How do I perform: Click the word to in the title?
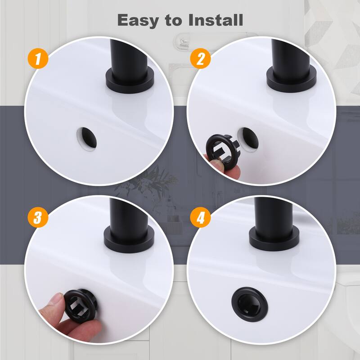click(x=174, y=20)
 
